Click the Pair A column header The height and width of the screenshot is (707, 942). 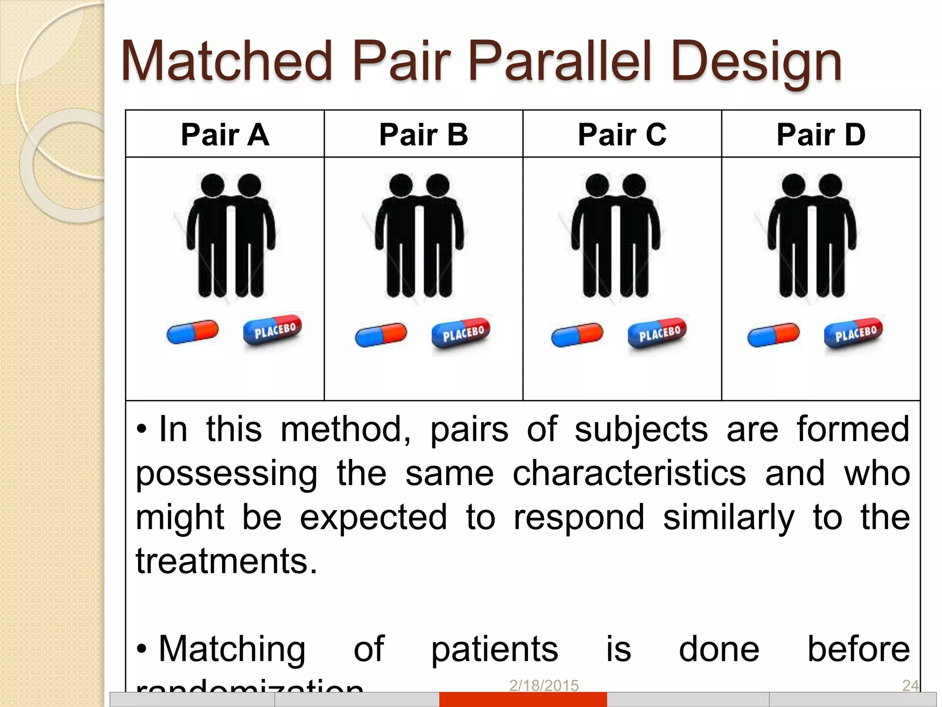coord(225,135)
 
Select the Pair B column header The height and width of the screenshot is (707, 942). coord(424,135)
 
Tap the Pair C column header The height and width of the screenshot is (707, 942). coord(622,135)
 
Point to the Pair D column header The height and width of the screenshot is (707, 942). coord(821,135)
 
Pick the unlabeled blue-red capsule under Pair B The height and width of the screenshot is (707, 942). coord(381,334)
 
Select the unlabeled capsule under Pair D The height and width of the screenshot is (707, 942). coord(774,334)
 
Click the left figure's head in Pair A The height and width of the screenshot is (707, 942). coord(213,185)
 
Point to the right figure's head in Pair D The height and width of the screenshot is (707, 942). coord(831,185)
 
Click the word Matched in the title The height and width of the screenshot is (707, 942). coord(226,61)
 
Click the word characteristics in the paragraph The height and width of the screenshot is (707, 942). coord(629,474)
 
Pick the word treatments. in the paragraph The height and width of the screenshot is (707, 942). coord(226,561)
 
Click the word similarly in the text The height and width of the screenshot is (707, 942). coord(728,518)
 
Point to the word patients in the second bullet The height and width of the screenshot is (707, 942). coord(494,649)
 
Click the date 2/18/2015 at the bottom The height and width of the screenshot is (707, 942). coord(544,685)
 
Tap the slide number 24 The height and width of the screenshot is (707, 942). coord(910,685)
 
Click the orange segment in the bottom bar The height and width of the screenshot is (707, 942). coord(523,699)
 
